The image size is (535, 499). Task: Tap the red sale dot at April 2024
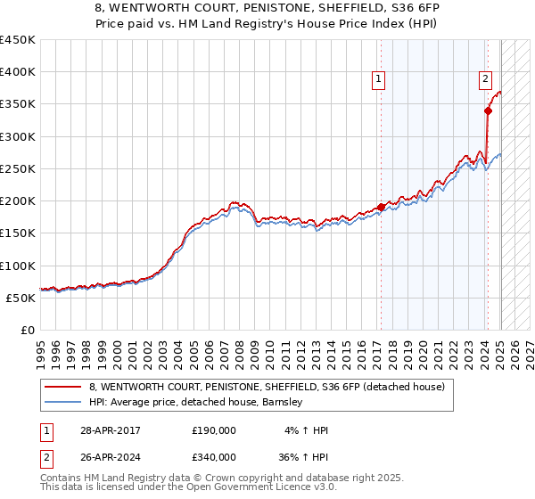tap(488, 110)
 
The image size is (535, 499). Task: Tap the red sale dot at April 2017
tap(381, 207)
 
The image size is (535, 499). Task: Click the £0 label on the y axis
tap(28, 330)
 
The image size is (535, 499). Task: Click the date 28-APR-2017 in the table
tap(111, 430)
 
